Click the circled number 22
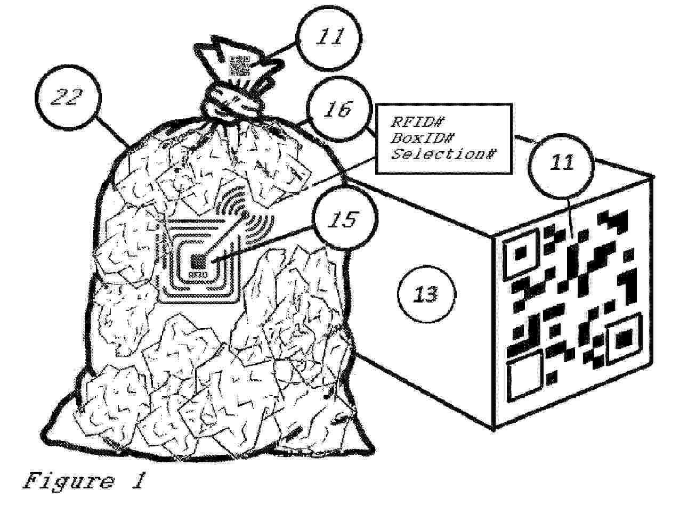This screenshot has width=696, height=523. [x=68, y=98]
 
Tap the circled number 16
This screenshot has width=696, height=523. [x=338, y=109]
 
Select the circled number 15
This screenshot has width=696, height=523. [x=345, y=219]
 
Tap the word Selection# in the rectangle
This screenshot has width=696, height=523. [x=443, y=154]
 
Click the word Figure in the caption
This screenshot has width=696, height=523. [x=68, y=480]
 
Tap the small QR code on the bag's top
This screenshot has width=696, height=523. [x=239, y=66]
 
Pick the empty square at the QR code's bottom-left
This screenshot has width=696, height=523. [x=525, y=376]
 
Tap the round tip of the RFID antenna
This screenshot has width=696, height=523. [x=245, y=214]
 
